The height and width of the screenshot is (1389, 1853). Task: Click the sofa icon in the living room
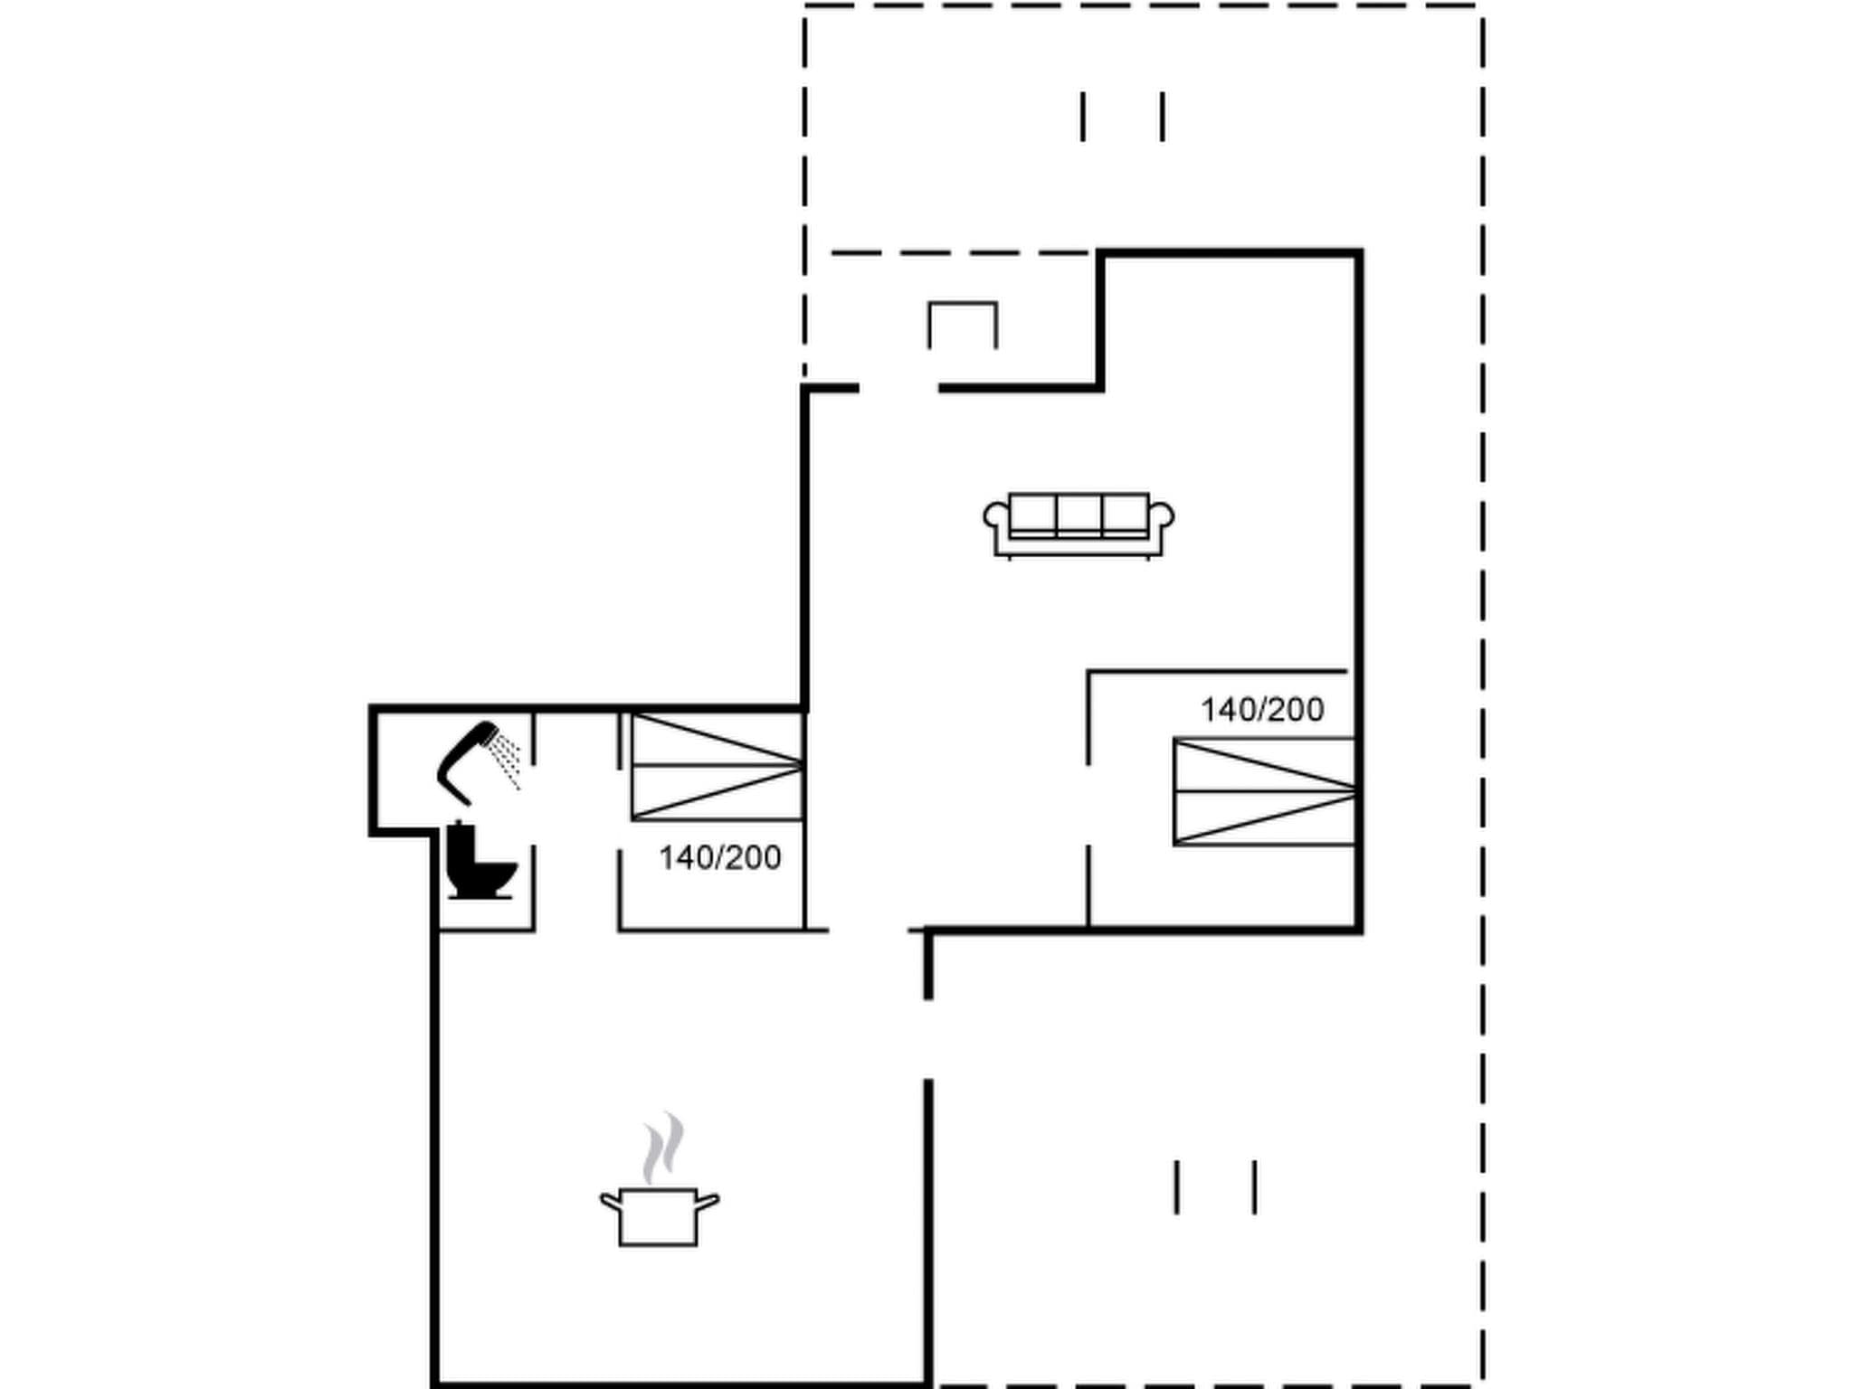[x=1079, y=524]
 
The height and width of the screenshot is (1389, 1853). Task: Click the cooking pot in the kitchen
[x=659, y=1216]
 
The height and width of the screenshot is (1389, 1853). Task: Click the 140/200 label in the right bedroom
[x=1262, y=710]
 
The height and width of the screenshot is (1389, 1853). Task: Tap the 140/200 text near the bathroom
[x=719, y=857]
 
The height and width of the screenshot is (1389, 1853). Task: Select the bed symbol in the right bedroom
[x=1264, y=792]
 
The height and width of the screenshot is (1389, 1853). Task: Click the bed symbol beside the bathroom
[x=717, y=767]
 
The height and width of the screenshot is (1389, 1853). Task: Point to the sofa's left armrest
[x=995, y=516]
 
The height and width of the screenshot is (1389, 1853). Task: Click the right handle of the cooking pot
[x=708, y=1202]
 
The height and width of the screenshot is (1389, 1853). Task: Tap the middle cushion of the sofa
[x=1079, y=514]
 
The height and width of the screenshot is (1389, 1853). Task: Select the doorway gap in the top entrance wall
[x=898, y=388]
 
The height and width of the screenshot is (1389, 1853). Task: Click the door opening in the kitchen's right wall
[x=928, y=1039]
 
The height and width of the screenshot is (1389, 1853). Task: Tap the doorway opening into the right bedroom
[x=1088, y=805]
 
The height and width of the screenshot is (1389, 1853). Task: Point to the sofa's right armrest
[x=1163, y=516]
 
